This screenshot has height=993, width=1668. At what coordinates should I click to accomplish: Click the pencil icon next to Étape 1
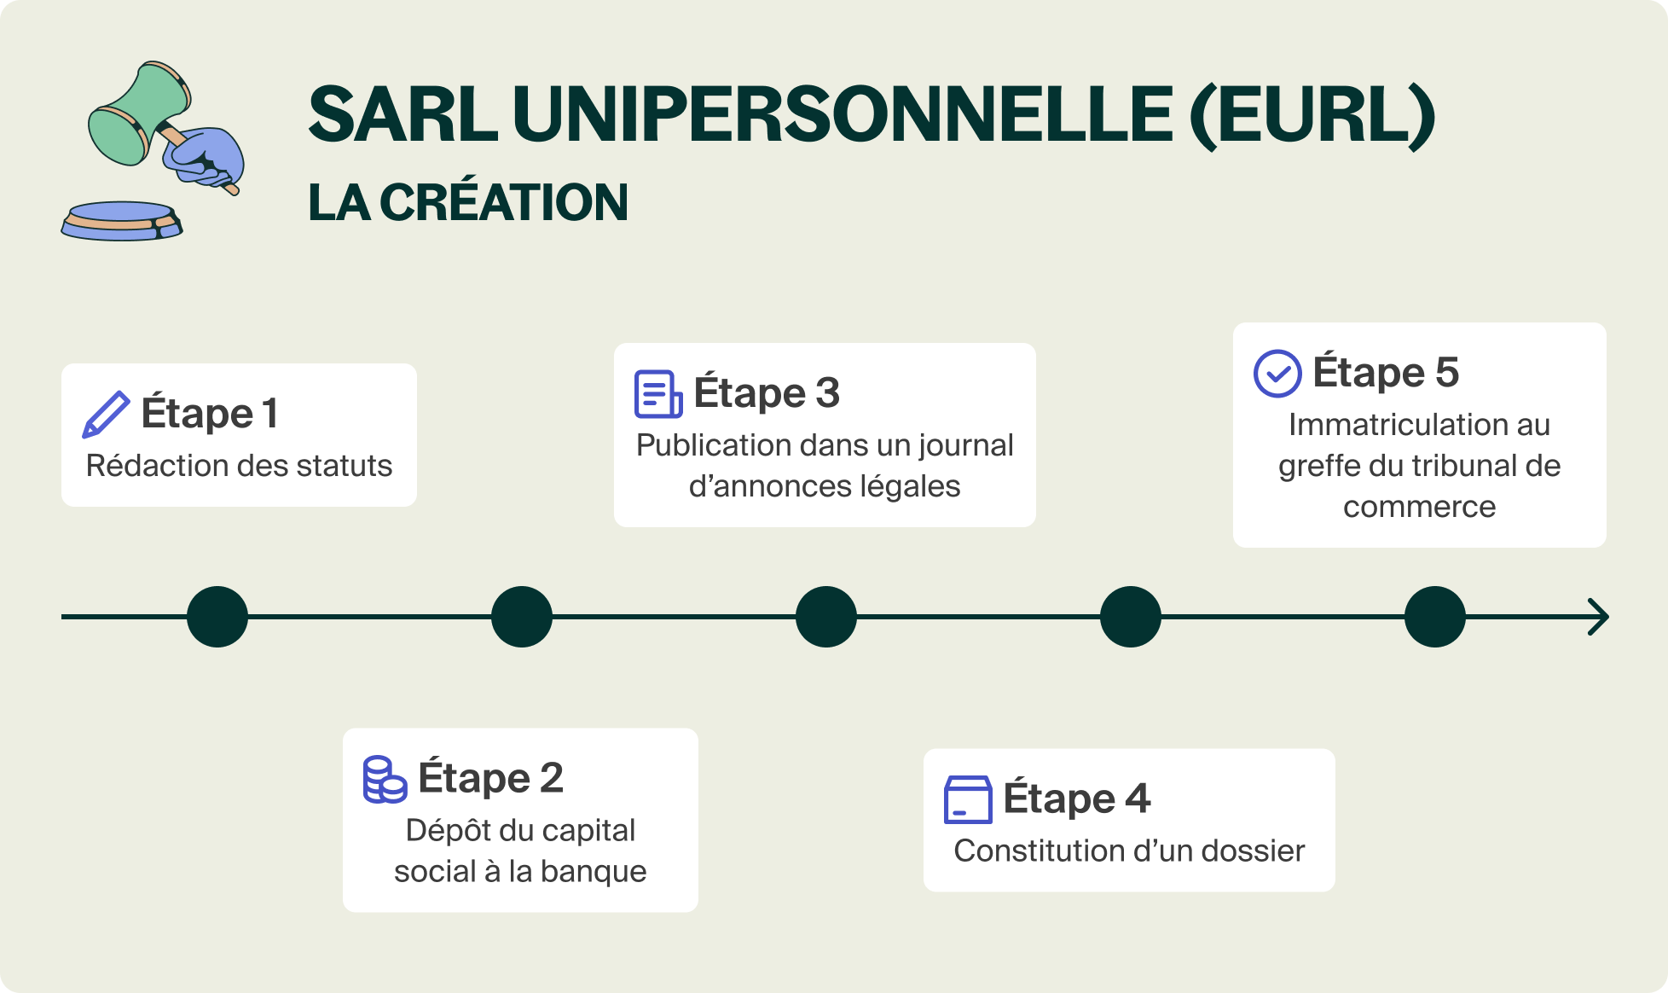106,415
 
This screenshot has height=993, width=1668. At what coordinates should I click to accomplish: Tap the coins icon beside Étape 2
385,779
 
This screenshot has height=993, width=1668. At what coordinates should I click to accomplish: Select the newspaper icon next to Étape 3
658,394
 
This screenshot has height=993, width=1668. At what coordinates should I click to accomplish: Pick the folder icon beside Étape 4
968,799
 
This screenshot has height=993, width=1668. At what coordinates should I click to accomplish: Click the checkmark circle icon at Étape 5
1277,374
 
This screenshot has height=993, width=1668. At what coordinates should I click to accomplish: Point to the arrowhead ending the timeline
1599,617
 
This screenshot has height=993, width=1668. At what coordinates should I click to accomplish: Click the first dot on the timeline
217,617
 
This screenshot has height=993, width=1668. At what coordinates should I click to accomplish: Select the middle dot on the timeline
826,617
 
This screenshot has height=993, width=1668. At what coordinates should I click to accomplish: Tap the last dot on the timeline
1435,617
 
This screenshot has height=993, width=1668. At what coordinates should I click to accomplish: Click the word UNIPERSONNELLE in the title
843,114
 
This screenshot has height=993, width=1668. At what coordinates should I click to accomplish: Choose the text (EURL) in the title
1313,116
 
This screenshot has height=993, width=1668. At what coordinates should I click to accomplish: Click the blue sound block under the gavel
122,220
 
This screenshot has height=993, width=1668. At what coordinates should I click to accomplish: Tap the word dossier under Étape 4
1254,851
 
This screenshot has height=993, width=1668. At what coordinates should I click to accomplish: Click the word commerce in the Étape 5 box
1420,508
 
